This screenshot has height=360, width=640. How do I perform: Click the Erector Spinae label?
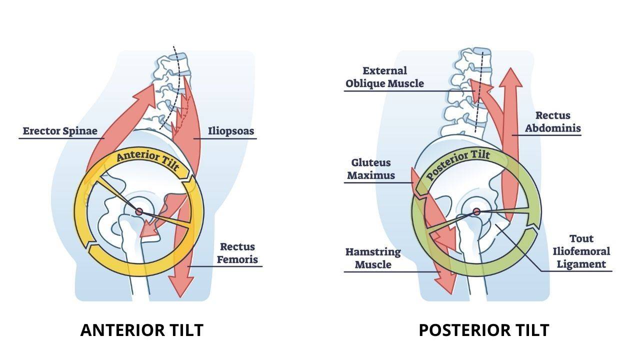point(63,131)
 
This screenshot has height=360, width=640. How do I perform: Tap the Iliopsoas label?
point(231,131)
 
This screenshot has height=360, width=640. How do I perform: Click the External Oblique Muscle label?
point(384,77)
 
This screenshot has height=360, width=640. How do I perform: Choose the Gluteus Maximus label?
point(371,169)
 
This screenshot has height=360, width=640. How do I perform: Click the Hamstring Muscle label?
point(373,257)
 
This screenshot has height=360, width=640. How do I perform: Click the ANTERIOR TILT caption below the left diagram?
point(141,330)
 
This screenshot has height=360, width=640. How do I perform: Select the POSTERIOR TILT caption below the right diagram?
point(483,330)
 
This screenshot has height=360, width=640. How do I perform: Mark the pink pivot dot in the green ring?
point(476,211)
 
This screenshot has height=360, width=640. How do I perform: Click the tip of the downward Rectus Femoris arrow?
point(180,296)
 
